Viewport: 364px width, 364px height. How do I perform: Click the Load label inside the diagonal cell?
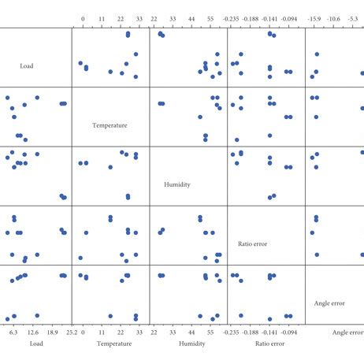pyautogui.click(x=27, y=66)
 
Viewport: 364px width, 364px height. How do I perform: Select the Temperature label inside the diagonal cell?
pyautogui.click(x=110, y=125)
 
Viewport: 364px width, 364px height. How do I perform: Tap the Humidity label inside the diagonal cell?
pyautogui.click(x=176, y=184)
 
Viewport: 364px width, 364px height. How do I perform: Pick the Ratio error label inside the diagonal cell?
pyautogui.click(x=252, y=243)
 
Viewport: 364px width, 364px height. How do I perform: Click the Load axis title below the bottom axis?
pyautogui.click(x=36, y=344)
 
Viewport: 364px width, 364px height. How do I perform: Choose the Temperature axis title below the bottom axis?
pyautogui.click(x=113, y=344)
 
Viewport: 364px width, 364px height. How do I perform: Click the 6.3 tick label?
pyautogui.click(x=13, y=332)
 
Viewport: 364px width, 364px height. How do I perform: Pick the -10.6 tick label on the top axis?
pyautogui.click(x=333, y=17)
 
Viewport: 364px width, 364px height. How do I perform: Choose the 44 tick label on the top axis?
pyautogui.click(x=192, y=17)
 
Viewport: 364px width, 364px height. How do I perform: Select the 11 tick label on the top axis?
pyautogui.click(x=102, y=17)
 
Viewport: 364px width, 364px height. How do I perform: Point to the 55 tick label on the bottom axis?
pyautogui.click(x=210, y=332)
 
